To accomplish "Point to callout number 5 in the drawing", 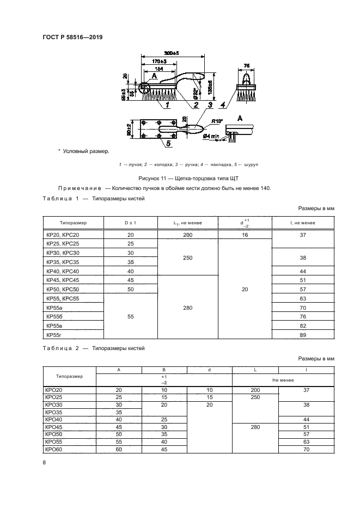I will tap(169, 144).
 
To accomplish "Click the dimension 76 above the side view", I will tap(247, 65).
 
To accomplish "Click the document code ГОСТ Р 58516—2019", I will tap(72, 38).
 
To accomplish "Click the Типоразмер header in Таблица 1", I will tap(73, 223).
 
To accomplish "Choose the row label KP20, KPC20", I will tap(63, 235).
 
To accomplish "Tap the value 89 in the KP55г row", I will tap(303, 335).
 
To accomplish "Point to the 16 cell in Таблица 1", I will tap(245, 235).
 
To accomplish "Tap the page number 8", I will tap(44, 463).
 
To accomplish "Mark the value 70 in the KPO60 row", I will tap(306, 450).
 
